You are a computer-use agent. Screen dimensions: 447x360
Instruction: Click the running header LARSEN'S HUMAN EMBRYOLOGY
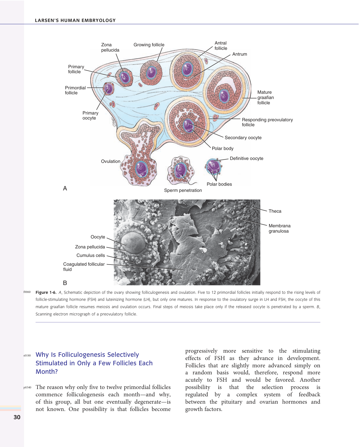click(x=75, y=21)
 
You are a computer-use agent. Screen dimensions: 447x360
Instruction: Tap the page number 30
click(x=17, y=417)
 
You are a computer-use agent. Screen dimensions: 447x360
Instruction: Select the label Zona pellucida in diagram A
click(x=110, y=47)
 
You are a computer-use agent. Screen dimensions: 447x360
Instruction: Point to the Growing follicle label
click(x=149, y=45)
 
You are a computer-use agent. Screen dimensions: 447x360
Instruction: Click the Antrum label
click(x=240, y=54)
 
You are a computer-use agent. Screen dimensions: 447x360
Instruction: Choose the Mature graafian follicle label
click(x=265, y=98)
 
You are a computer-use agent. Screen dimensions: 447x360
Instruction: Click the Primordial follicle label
click(x=75, y=90)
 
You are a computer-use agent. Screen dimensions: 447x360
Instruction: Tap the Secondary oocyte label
click(x=243, y=138)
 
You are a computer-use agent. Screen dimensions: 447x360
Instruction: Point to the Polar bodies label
click(x=219, y=184)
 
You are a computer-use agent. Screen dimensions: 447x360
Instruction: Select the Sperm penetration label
click(x=183, y=190)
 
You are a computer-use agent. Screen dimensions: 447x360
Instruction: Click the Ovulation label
click(x=111, y=161)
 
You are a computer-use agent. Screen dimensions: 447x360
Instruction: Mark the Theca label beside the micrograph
click(x=275, y=211)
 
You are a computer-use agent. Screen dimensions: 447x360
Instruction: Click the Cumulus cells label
click(x=91, y=255)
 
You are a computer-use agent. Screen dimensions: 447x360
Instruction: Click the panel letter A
click(x=65, y=188)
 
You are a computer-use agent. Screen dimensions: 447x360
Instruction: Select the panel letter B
click(x=65, y=283)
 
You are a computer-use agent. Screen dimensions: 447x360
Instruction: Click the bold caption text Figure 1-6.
click(x=46, y=292)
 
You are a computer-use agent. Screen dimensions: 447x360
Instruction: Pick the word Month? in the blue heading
click(x=47, y=372)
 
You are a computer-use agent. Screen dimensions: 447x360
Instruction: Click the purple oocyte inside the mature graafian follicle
click(x=224, y=96)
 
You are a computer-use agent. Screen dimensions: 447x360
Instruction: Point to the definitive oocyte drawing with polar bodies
click(x=214, y=166)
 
